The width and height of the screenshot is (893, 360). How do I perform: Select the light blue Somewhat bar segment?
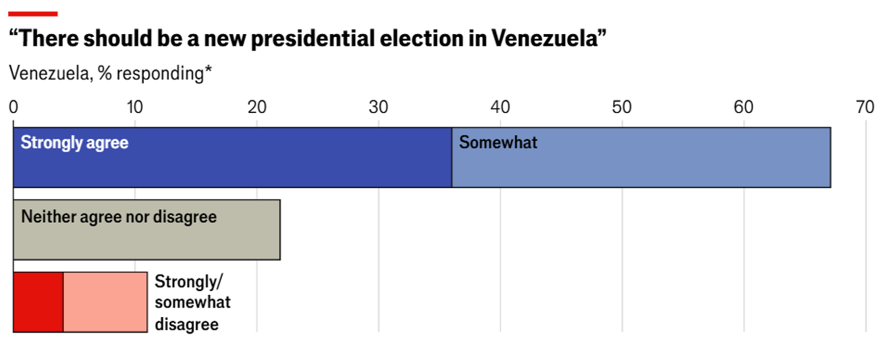coord(641,164)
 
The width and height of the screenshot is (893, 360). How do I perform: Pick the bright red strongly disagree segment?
coord(38,302)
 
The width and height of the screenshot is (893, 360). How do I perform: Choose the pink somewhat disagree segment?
coord(105,302)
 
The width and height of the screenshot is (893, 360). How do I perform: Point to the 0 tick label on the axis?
coord(13,107)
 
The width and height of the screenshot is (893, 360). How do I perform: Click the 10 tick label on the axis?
coord(134,107)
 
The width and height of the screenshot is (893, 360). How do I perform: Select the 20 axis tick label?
coord(257,107)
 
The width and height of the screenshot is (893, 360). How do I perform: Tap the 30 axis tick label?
coord(378,107)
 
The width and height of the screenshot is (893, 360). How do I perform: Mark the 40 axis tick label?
coord(500,107)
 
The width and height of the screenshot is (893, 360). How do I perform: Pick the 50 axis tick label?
coord(622,107)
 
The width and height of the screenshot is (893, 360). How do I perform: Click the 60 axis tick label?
coord(743,107)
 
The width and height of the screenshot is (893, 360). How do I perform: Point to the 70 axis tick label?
coord(865,107)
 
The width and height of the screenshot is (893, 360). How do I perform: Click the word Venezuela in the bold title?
coord(545,38)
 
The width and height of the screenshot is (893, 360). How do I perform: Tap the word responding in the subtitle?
coord(159,74)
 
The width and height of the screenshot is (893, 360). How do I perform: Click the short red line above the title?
coord(33,14)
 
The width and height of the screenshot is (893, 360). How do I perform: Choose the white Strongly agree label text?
coord(74,143)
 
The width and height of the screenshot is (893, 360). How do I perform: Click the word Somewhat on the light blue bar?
coord(498,142)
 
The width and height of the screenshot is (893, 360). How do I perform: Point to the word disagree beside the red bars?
coord(186,324)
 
